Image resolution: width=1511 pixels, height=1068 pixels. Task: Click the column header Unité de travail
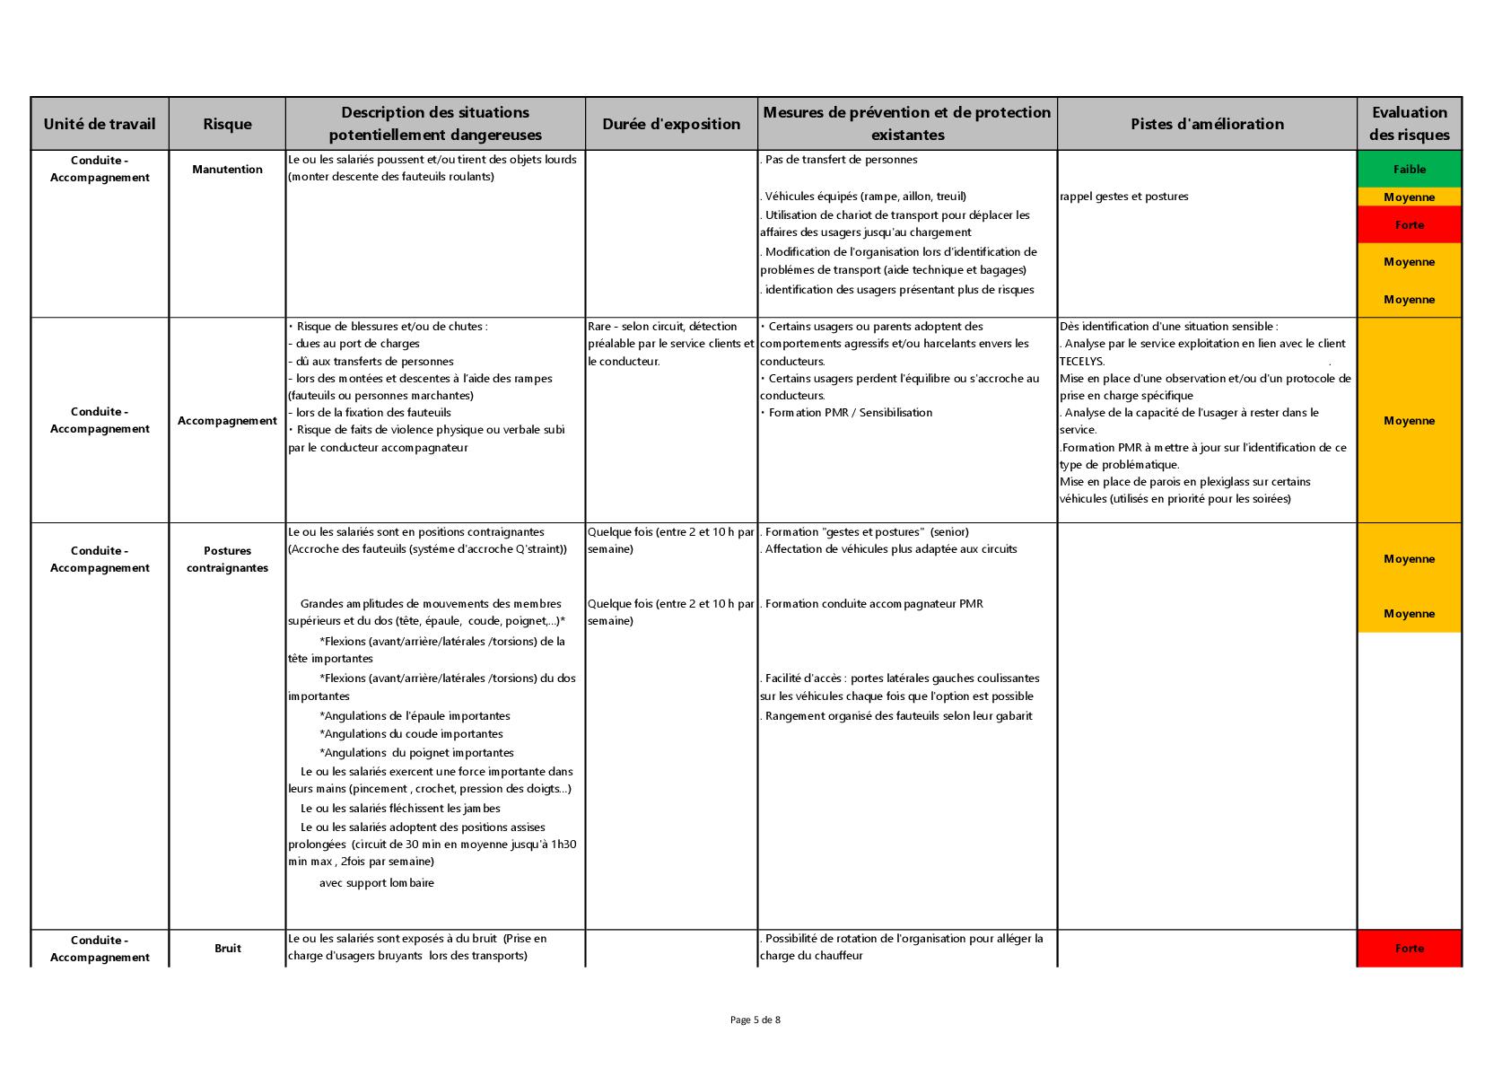[x=100, y=124]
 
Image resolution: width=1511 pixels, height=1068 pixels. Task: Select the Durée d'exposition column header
[x=671, y=124]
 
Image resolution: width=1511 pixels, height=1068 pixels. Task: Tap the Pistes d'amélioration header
[x=1207, y=124]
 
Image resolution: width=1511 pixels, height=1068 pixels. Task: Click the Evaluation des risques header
[x=1409, y=124]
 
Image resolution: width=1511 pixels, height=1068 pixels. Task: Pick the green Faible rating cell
[x=1409, y=169]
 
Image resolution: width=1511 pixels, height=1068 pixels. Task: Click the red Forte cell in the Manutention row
[x=1409, y=224]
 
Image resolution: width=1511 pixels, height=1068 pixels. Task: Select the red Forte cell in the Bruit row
[x=1409, y=948]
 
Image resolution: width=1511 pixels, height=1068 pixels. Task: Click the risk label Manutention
[x=227, y=169]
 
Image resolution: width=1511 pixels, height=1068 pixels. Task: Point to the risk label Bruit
[x=227, y=948]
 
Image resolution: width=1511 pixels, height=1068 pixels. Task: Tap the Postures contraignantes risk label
[x=227, y=559]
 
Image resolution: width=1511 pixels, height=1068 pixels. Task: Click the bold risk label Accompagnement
[x=227, y=420]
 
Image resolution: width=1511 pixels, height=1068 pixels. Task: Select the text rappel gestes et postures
[x=1123, y=197]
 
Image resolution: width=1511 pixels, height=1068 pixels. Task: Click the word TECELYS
[x=1082, y=361]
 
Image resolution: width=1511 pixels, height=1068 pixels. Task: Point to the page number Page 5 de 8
[x=755, y=1020]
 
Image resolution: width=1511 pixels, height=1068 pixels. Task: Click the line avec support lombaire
[x=376, y=882]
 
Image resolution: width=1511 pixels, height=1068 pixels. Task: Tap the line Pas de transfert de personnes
[x=841, y=160]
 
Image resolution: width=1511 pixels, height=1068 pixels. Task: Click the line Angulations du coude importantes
[x=411, y=734]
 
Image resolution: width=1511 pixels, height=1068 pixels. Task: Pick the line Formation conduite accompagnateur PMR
[x=873, y=604]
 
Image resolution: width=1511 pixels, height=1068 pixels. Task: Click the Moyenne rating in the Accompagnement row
[x=1409, y=420]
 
